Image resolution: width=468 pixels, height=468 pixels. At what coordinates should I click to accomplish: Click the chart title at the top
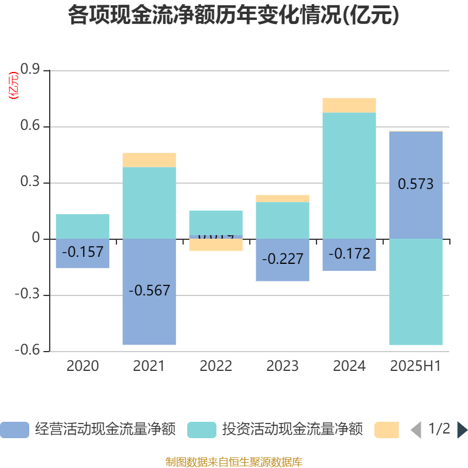click(233, 16)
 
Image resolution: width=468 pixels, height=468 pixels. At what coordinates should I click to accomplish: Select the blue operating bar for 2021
click(149, 316)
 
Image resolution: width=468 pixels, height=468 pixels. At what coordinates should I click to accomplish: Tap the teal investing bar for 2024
click(349, 175)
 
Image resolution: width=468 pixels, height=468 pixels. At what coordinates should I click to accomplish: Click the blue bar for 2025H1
click(416, 211)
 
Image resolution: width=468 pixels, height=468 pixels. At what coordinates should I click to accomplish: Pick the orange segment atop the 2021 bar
click(149, 160)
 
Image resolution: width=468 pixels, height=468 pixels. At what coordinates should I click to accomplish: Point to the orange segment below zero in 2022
click(216, 245)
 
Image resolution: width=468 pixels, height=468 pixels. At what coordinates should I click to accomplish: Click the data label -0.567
click(149, 290)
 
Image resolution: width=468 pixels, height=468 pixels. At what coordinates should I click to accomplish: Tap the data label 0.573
click(416, 184)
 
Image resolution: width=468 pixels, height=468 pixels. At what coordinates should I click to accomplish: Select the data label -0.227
click(283, 259)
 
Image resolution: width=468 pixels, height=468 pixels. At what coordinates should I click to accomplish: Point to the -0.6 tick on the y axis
click(27, 351)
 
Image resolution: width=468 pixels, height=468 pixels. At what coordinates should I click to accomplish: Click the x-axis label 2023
click(283, 366)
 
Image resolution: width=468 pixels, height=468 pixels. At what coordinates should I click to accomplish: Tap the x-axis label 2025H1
click(416, 366)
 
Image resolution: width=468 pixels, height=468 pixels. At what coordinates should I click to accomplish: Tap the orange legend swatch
click(387, 430)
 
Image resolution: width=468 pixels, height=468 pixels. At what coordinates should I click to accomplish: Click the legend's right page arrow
click(462, 430)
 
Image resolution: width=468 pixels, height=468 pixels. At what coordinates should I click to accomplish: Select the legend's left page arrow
click(415, 430)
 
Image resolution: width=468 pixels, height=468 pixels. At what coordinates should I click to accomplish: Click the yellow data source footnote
click(234, 462)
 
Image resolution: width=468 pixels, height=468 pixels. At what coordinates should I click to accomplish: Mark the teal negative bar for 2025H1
click(416, 292)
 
